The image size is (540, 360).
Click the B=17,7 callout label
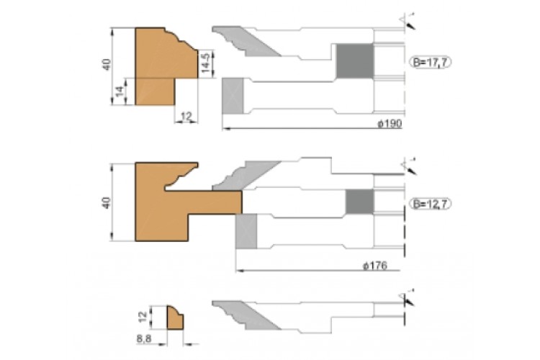(430, 62)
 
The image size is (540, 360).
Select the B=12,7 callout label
(431, 204)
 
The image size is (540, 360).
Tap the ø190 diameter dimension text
(390, 123)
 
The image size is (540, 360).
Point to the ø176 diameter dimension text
(375, 266)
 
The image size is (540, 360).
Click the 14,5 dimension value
(206, 63)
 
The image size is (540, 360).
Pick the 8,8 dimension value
(143, 338)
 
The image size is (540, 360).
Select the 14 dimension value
(119, 91)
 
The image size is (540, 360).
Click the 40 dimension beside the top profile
(107, 65)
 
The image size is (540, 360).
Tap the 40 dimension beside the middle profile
(107, 202)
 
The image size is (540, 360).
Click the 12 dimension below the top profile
(186, 116)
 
